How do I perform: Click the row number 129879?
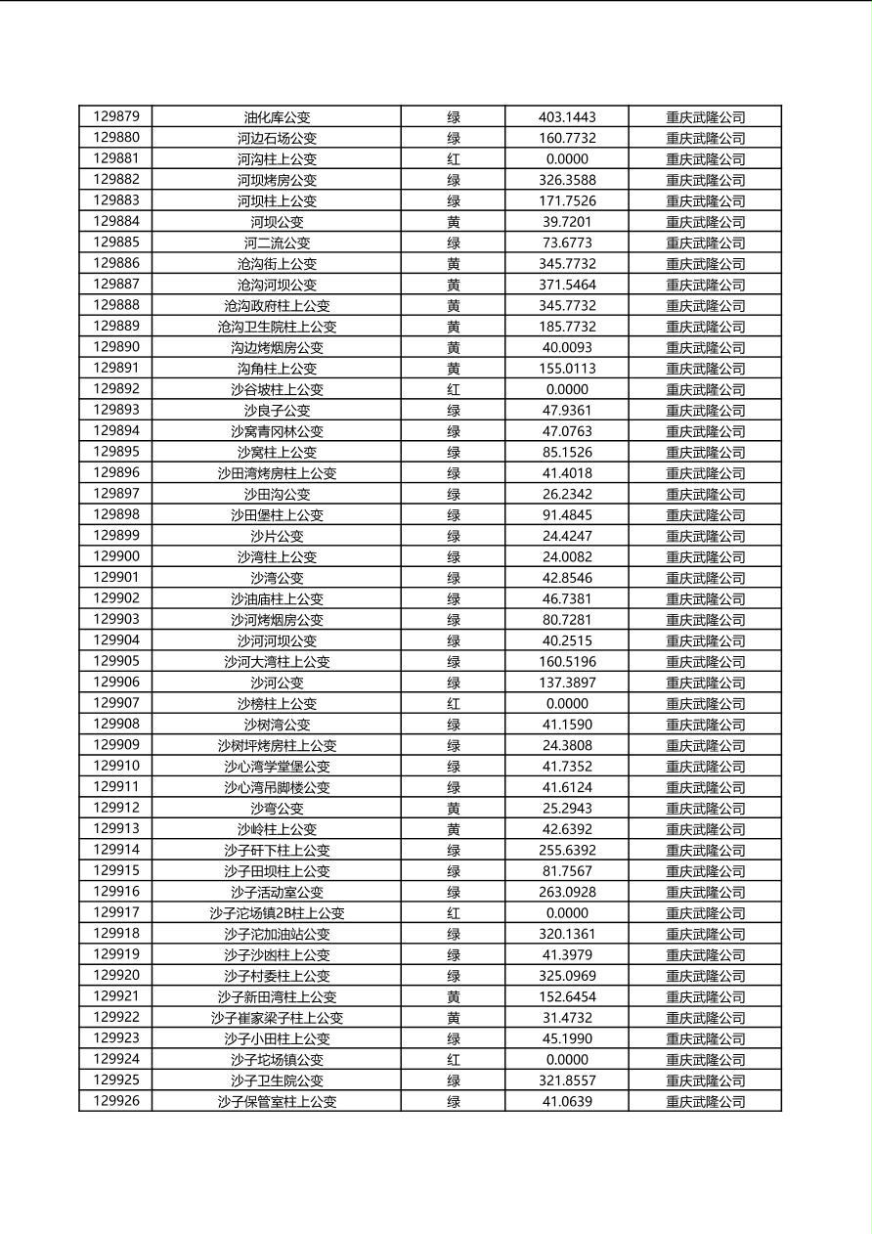[116, 116]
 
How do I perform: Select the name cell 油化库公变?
[277, 117]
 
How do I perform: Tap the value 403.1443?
[567, 117]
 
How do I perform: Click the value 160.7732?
[567, 138]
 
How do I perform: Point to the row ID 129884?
[116, 221]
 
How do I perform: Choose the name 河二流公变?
[277, 242]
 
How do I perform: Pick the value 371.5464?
[567, 285]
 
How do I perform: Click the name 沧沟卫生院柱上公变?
[277, 327]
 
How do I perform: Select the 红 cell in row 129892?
[454, 389]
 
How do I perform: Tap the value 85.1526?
[567, 452]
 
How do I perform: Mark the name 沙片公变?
[277, 536]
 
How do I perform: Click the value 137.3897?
[567, 683]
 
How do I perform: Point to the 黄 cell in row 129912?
[454, 809]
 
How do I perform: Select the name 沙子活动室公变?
[277, 892]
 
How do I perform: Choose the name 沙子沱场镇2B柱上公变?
[277, 913]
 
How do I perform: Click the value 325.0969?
[567, 976]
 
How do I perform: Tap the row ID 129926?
[116, 1101]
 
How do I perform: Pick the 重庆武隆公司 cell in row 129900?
[705, 557]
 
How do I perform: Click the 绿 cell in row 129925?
[454, 1080]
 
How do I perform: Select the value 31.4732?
[567, 1018]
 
